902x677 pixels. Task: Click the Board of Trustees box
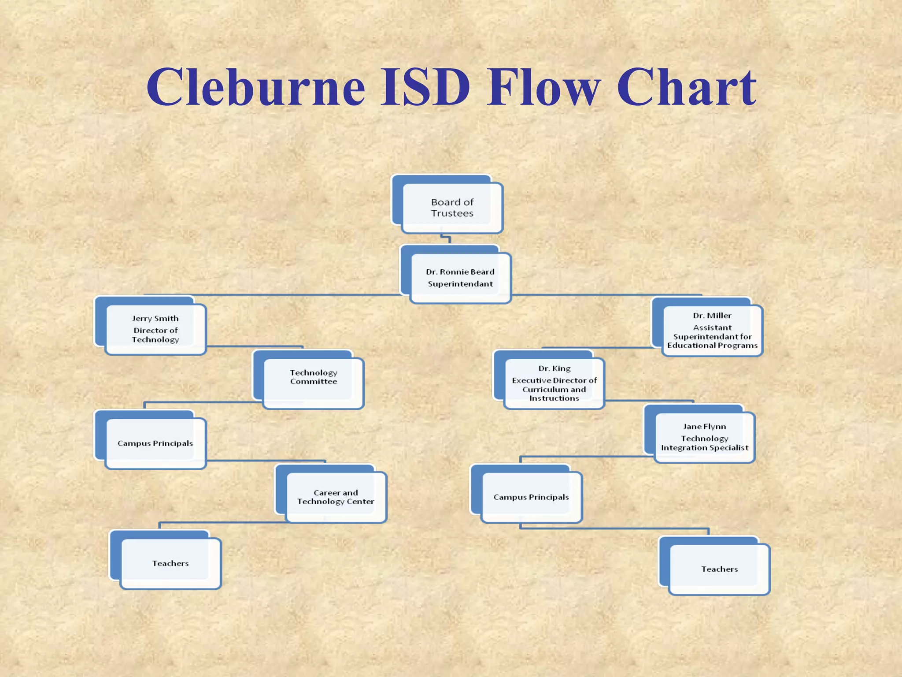click(x=452, y=208)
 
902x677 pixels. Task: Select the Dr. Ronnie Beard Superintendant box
click(x=460, y=278)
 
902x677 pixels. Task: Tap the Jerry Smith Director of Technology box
click(x=155, y=329)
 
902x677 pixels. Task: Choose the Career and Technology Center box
click(x=336, y=497)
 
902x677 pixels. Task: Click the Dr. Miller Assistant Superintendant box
click(x=712, y=331)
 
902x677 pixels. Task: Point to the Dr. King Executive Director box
click(x=554, y=383)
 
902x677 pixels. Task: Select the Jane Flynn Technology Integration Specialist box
click(x=704, y=437)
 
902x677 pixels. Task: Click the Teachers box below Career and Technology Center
click(x=170, y=563)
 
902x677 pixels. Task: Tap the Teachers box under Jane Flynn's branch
click(x=719, y=569)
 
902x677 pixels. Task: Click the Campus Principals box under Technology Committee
click(x=155, y=443)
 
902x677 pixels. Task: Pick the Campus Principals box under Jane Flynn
click(x=531, y=497)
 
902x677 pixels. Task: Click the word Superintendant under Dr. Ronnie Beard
click(x=460, y=284)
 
